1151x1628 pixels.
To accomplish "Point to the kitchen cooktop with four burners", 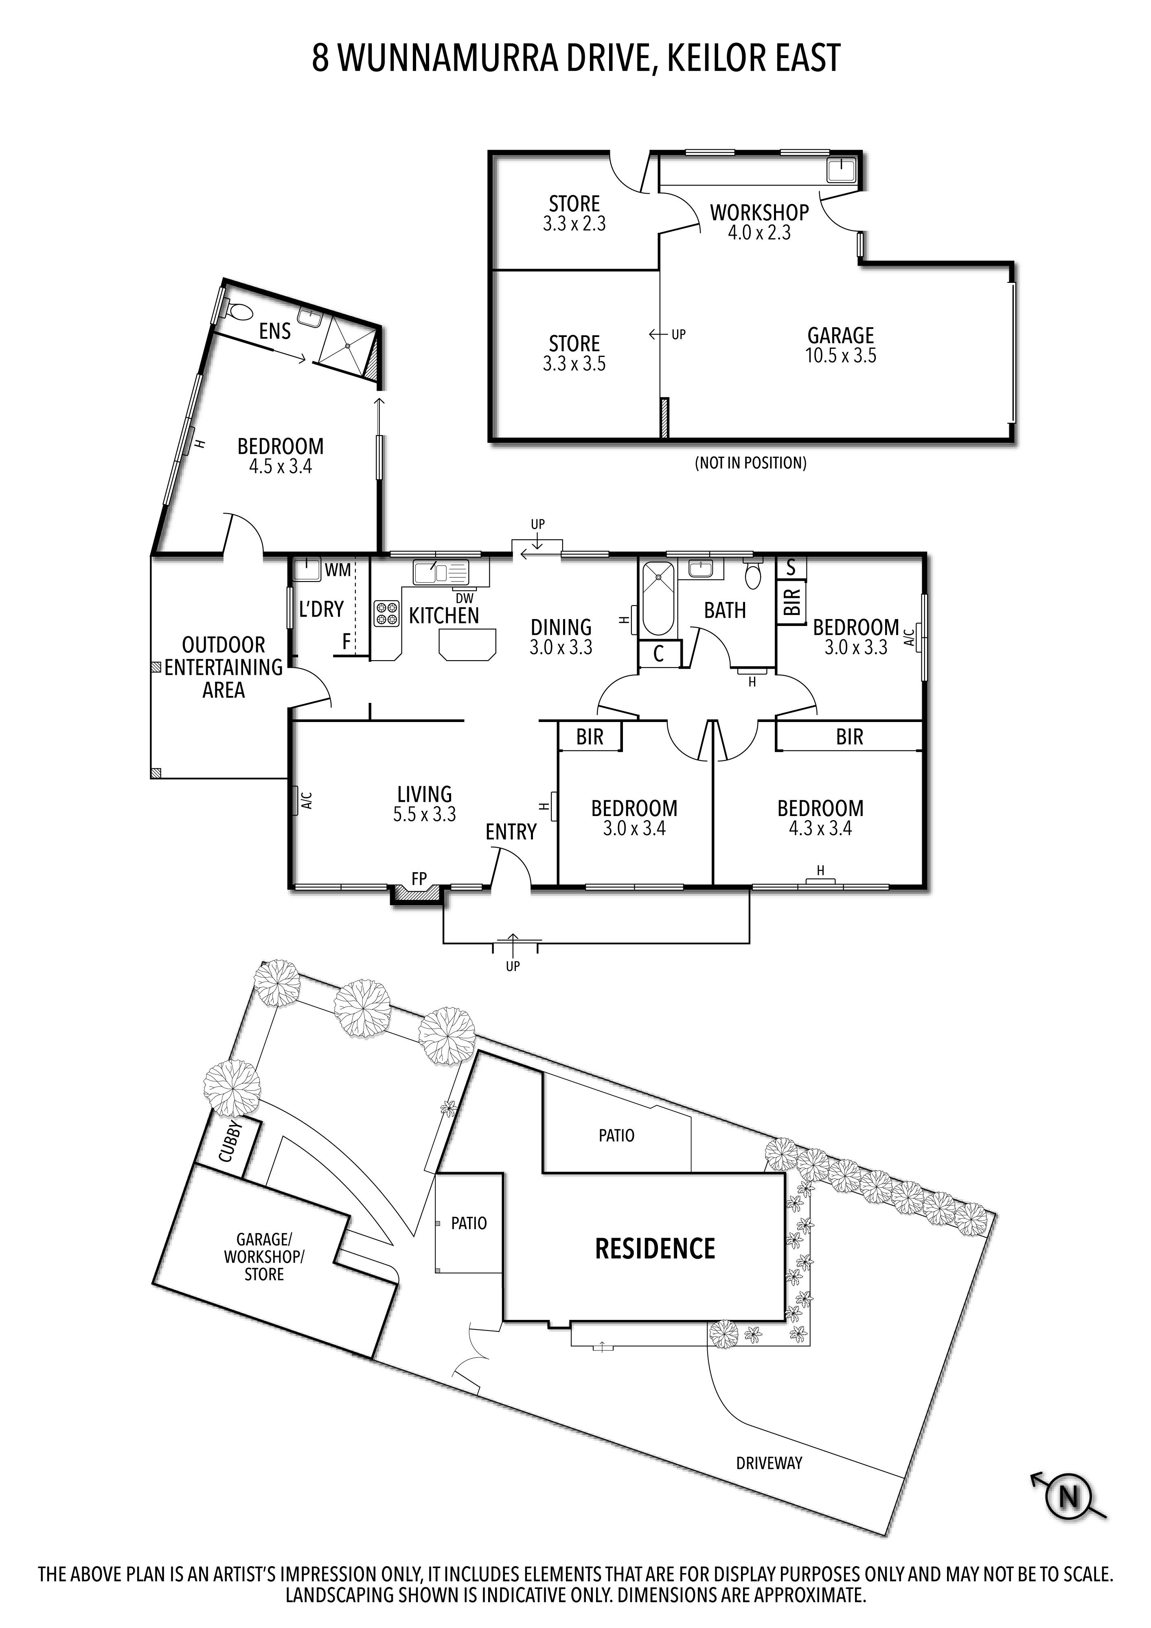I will point(386,613).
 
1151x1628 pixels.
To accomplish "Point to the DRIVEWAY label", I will point(769,1463).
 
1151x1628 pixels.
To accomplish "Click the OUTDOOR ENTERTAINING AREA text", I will point(224,667).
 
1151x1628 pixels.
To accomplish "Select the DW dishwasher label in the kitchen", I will point(465,598).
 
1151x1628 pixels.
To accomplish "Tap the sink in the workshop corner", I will point(842,169).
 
